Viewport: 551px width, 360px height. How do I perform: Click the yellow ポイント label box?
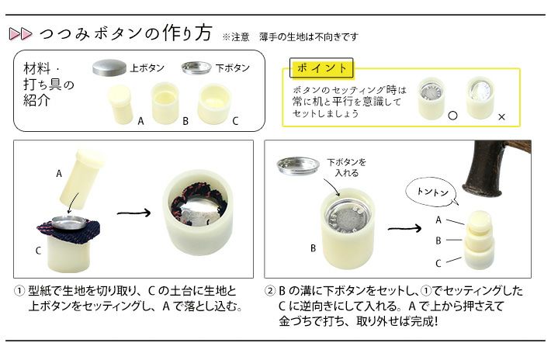pos(321,67)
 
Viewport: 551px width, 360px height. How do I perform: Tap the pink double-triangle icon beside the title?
pos(20,33)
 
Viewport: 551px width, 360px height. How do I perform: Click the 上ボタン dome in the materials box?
pos(109,67)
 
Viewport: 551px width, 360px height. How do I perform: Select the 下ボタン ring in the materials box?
pos(196,67)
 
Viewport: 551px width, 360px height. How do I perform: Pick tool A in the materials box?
pos(120,104)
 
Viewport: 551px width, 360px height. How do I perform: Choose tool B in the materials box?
pos(165,102)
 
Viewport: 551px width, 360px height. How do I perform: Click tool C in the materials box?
pos(215,104)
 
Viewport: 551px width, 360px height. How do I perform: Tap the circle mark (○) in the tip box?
pos(453,116)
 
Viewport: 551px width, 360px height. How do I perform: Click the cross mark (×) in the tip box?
pos(501,117)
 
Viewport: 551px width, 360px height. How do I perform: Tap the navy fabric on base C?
pos(68,228)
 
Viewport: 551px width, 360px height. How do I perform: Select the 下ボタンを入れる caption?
pos(346,168)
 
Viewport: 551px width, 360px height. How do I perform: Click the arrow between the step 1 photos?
pos(133,213)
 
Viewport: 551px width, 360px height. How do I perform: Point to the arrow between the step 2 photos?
pos(404,229)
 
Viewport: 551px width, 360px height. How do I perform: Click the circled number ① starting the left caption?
pos(19,291)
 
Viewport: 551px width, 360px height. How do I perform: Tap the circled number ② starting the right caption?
pos(270,291)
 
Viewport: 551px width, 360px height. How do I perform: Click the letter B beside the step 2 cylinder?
pos(313,248)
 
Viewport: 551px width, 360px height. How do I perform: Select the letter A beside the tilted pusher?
pos(59,174)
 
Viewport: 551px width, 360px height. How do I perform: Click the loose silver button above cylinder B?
pos(298,165)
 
